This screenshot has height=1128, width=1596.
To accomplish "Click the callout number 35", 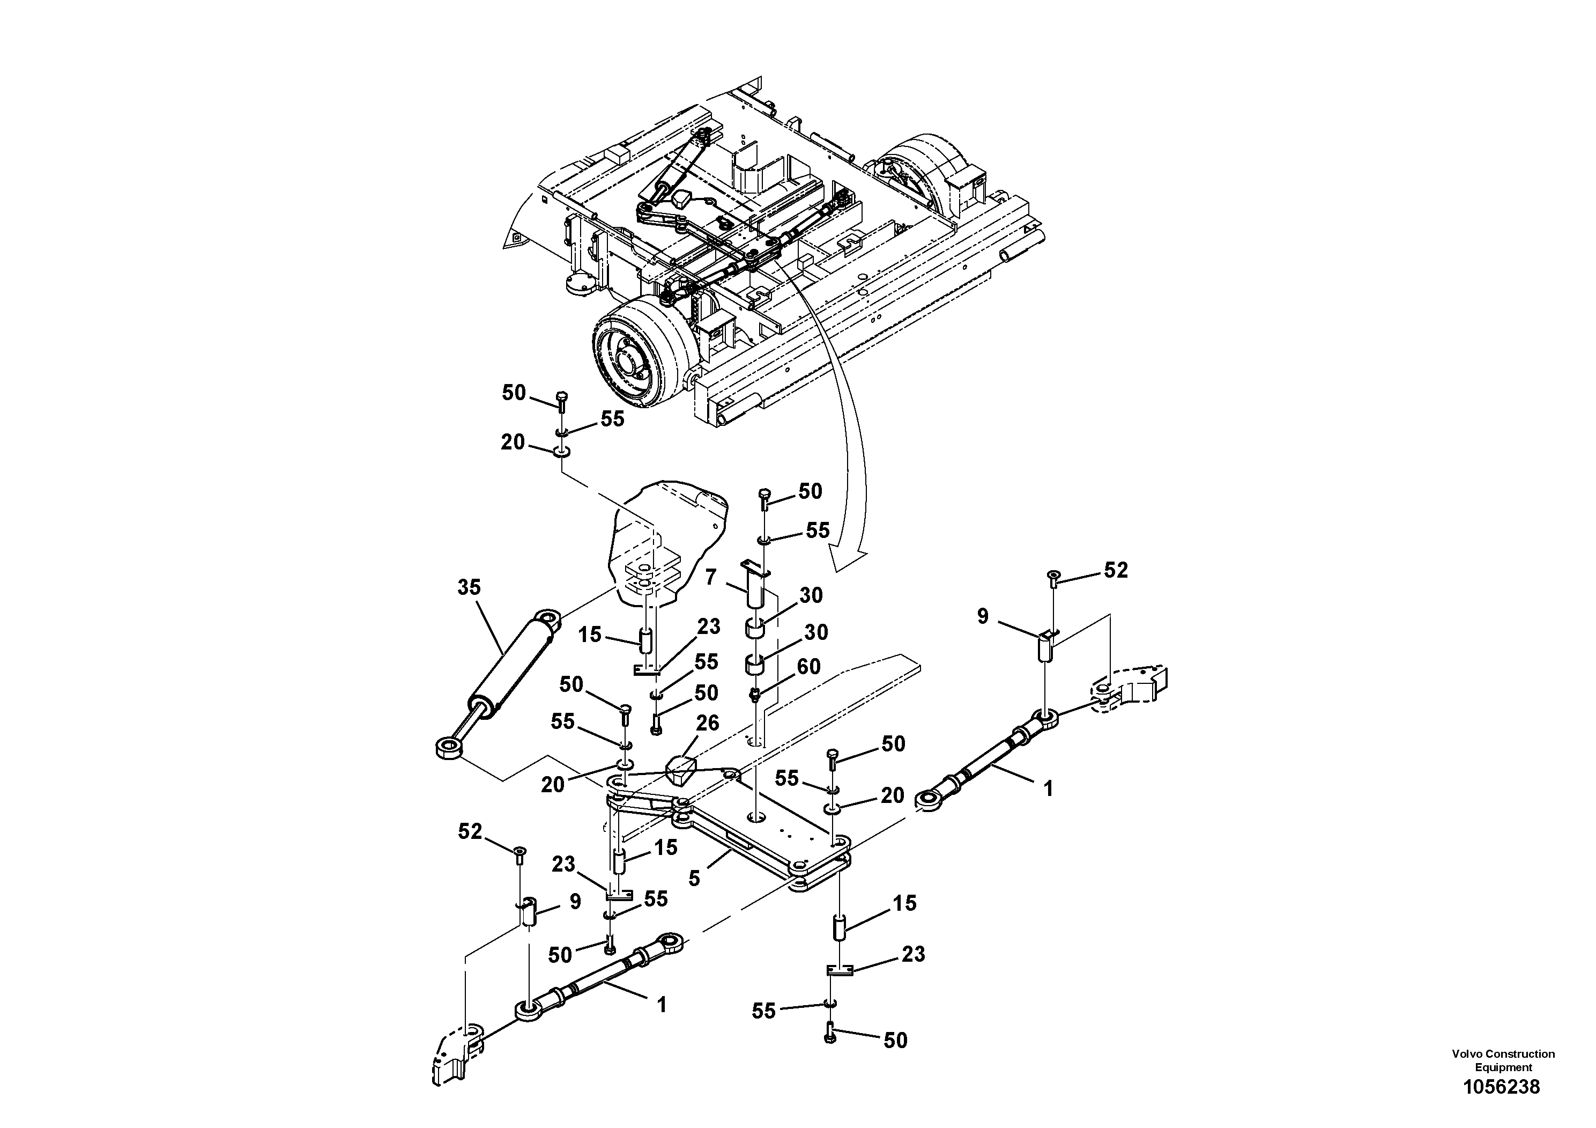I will (x=469, y=588).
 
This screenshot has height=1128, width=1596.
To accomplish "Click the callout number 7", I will (x=710, y=577).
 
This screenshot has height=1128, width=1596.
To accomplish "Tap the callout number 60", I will (x=808, y=666).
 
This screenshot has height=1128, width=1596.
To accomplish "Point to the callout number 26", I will (x=708, y=722).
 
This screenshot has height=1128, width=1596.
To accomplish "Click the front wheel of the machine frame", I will (x=636, y=362).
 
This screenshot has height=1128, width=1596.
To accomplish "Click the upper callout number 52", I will (x=1116, y=570).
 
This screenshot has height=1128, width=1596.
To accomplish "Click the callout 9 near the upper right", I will (x=982, y=616).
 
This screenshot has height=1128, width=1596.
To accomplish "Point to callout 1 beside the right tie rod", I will (x=1048, y=788).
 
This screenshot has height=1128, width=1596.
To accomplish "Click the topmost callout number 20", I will (x=513, y=443).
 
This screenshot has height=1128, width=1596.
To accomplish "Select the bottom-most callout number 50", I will (x=895, y=1060).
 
